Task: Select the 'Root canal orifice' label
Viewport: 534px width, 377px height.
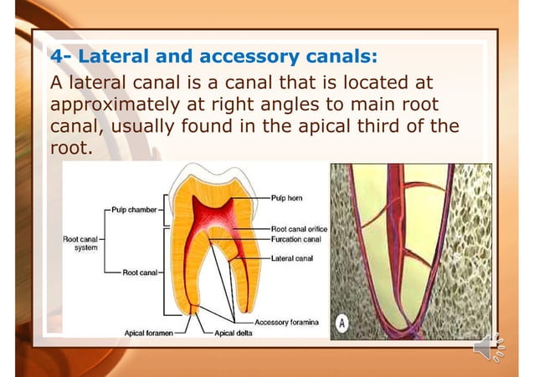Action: [x=299, y=228]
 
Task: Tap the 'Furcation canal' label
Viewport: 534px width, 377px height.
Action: [x=295, y=238]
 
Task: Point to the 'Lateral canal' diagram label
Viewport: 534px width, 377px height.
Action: [x=291, y=258]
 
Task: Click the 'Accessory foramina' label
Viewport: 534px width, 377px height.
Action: [x=286, y=323]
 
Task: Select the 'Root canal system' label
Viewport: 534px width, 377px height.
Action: [x=82, y=243]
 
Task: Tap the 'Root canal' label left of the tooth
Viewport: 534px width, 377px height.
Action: [x=140, y=272]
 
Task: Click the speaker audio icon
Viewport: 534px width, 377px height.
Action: [x=488, y=345]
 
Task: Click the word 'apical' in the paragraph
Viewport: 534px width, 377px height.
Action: [x=320, y=128]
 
